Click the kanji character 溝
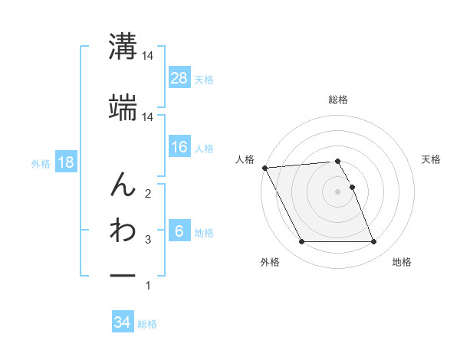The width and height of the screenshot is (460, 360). click(122, 47)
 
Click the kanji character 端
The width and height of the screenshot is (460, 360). click(122, 107)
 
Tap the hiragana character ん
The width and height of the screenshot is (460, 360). click(122, 185)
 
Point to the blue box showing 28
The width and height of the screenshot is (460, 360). click(179, 78)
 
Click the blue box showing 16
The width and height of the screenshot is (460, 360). click(179, 147)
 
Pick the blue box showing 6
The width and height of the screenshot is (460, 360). click(179, 232)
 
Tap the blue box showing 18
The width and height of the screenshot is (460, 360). click(66, 162)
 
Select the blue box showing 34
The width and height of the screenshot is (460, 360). click(122, 322)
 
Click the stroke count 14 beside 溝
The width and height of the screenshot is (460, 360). click(148, 57)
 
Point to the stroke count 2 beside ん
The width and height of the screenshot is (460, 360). click(148, 193)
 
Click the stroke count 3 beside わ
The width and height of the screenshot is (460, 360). click(148, 240)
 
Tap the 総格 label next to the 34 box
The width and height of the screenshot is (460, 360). click(147, 324)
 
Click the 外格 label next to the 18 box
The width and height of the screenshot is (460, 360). click(41, 163)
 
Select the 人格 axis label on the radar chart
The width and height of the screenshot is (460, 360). click(245, 159)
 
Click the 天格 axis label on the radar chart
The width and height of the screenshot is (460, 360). click(432, 159)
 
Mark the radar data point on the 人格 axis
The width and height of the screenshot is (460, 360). click(264, 167)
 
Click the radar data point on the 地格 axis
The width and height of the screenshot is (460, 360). click(373, 242)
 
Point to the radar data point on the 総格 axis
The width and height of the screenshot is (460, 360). click(337, 161)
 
